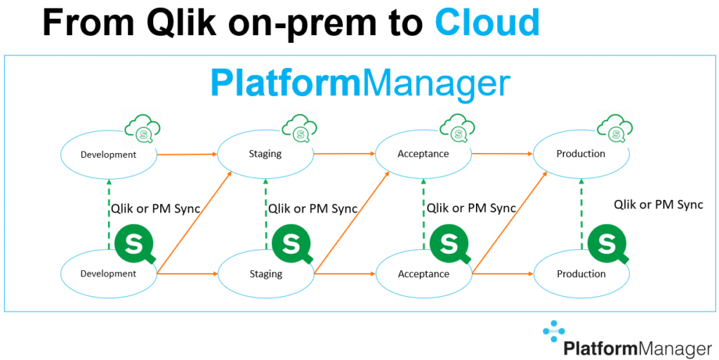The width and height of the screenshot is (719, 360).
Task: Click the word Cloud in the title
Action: coord(487,22)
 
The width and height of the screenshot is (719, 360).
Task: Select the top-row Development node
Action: coord(108,154)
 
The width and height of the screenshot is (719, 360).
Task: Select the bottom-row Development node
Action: coord(108,273)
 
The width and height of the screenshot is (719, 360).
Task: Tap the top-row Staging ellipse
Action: coord(265,154)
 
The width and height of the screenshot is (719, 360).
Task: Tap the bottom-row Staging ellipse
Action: coord(265,273)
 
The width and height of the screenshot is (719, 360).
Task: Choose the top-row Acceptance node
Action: coord(423,154)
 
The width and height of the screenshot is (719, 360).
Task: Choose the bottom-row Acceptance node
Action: coord(423,273)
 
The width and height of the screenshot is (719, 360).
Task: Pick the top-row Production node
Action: coord(581,154)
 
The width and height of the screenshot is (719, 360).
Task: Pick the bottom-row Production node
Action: coord(581,273)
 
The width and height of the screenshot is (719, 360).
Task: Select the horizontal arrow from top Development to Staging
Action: coord(186,154)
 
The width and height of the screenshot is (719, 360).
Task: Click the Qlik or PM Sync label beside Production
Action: coord(658,205)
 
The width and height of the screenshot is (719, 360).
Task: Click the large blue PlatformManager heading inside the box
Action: coord(359,84)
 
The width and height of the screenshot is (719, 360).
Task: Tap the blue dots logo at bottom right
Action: coord(553,331)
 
